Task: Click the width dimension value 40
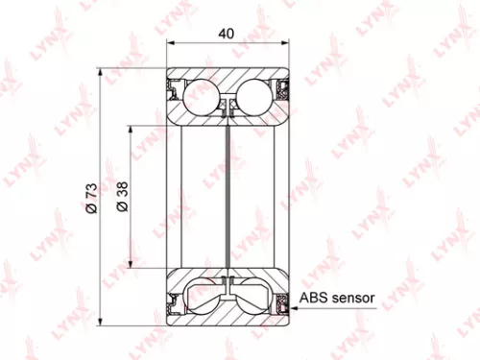tap(228, 33)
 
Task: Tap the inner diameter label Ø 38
tap(122, 198)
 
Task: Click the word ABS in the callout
tap(315, 299)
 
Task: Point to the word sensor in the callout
tap(352, 299)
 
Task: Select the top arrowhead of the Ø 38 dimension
tap(130, 127)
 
